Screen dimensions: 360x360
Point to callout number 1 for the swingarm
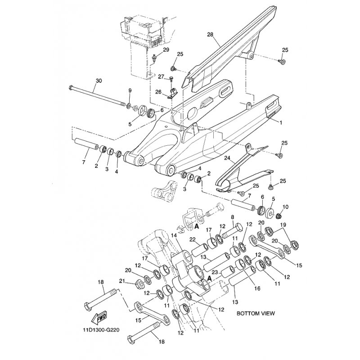point(281,122)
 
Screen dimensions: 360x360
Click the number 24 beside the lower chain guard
point(227,159)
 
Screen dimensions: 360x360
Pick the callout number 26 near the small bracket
point(158,92)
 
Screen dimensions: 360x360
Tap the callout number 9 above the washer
point(130,91)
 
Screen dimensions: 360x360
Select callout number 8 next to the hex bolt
point(233,217)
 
